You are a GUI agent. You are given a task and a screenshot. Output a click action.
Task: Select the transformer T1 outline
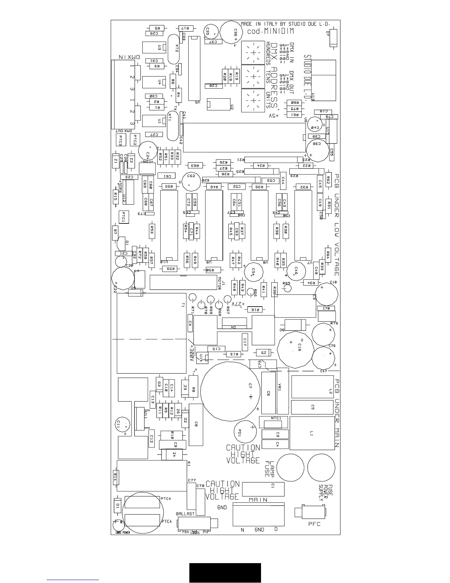(x=151, y=333)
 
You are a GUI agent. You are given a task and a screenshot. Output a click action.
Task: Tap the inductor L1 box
(x=312, y=433)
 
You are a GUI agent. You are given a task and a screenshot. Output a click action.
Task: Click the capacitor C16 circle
(x=294, y=348)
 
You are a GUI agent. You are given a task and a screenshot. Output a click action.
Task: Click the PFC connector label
(x=314, y=524)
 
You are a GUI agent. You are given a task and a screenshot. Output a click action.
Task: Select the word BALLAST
(x=185, y=514)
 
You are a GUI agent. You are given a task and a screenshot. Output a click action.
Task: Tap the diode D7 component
(x=333, y=38)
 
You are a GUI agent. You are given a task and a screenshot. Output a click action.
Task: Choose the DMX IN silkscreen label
(x=129, y=57)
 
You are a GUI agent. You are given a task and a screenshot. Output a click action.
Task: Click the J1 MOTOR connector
(x=184, y=282)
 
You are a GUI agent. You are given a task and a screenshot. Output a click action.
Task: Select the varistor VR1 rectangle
(x=282, y=391)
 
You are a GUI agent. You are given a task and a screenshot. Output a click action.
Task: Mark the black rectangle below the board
(x=225, y=572)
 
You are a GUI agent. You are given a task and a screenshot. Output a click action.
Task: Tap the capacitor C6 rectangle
(x=268, y=393)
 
